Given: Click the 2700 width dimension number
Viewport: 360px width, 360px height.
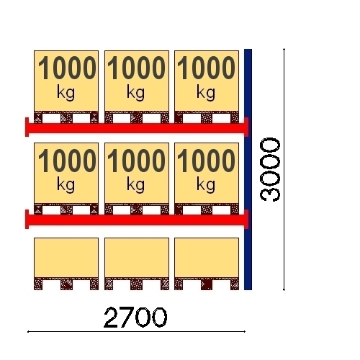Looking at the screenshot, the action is tap(135, 318).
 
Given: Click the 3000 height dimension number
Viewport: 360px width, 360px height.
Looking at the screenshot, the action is tap(270, 170).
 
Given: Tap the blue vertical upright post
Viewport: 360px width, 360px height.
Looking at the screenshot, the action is tap(248, 169).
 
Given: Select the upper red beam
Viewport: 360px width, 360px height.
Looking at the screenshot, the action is tap(137, 128).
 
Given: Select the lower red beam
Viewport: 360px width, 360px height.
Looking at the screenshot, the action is tap(137, 220).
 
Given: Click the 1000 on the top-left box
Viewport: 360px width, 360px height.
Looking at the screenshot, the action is tap(67, 68).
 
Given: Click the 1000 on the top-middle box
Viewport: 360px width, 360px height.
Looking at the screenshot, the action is tap(136, 68).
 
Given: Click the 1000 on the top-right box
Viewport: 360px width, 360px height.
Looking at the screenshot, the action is tap(206, 68).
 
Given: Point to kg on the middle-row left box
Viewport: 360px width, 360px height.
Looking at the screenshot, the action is tap(66, 185).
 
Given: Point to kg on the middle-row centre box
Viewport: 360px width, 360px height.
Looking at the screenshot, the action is tap(135, 185).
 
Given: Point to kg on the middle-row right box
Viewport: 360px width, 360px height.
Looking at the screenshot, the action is tap(206, 185).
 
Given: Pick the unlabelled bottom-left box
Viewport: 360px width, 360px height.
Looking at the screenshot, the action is tap(66, 258).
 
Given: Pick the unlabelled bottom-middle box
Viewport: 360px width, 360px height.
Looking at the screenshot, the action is tap(137, 258).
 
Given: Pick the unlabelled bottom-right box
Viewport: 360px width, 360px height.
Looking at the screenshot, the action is tap(207, 258).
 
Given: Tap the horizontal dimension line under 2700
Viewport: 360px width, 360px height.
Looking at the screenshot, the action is tap(136, 332).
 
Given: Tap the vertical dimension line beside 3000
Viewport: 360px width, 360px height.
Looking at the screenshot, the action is tap(284, 169).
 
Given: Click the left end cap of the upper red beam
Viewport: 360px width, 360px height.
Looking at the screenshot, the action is tap(27, 127).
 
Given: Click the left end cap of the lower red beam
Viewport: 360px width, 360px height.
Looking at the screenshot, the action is tap(27, 220).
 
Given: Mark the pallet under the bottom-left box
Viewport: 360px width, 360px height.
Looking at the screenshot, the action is tap(66, 284).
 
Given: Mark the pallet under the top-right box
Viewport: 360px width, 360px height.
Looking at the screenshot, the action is tap(207, 117).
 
